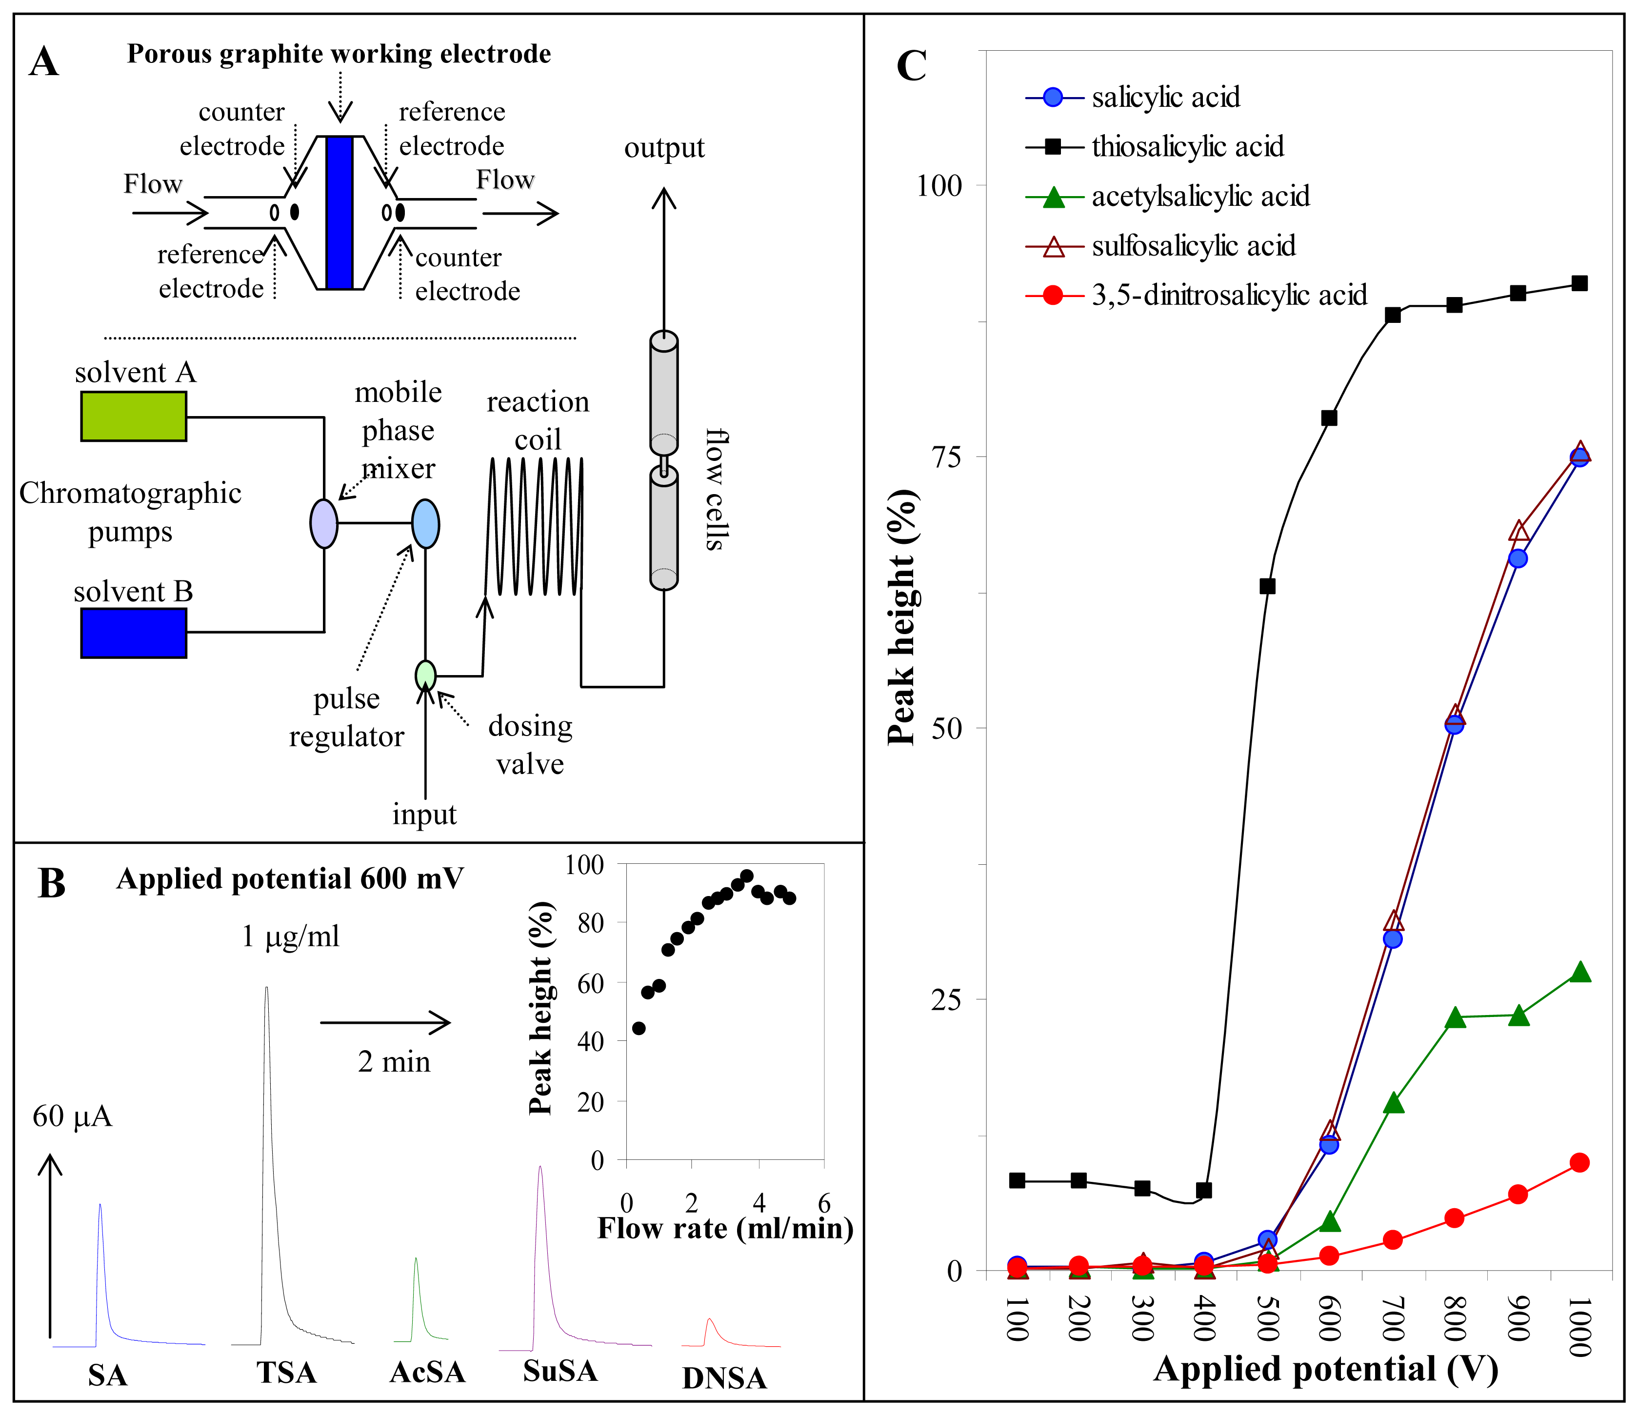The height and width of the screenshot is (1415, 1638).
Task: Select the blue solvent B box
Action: pyautogui.click(x=134, y=633)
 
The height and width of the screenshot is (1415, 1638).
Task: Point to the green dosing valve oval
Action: pyautogui.click(x=425, y=676)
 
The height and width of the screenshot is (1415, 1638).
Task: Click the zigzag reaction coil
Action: pyautogui.click(x=535, y=526)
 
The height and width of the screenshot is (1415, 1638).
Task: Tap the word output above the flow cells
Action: pyautogui.click(x=664, y=148)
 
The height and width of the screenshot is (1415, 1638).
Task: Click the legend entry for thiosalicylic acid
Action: pyautogui.click(x=1187, y=146)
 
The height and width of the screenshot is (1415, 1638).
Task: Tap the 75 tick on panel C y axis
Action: pyautogui.click(x=948, y=457)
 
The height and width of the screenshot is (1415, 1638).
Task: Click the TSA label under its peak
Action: pyautogui.click(x=286, y=1373)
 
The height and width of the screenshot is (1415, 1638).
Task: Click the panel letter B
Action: pyautogui.click(x=51, y=883)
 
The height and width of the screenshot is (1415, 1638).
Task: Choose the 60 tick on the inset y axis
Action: pyautogui.click(x=591, y=982)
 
